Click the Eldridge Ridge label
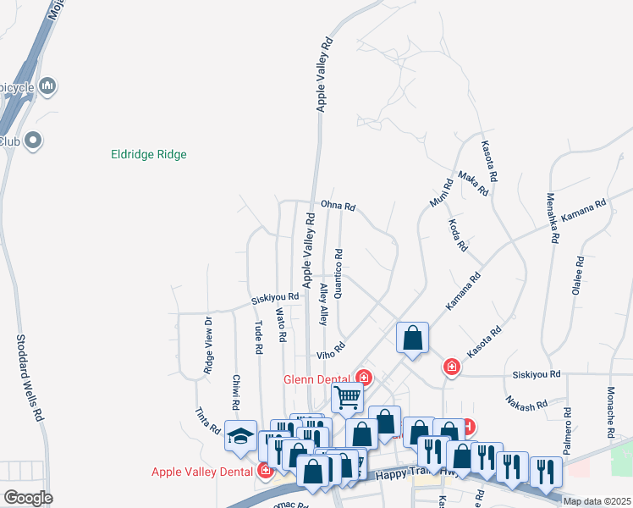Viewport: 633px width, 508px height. [x=149, y=155]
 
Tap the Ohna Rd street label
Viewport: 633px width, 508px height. [x=338, y=206]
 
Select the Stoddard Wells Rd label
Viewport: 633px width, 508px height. [x=28, y=378]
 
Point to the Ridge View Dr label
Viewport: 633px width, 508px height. [x=207, y=345]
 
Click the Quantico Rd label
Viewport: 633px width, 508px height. [x=339, y=273]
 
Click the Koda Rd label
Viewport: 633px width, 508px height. [x=458, y=235]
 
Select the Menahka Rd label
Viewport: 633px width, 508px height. [x=552, y=218]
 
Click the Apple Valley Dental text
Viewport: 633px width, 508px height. [x=202, y=472]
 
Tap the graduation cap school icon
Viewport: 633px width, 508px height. [x=240, y=436]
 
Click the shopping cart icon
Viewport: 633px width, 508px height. [x=348, y=395]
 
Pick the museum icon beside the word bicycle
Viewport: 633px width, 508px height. [x=47, y=86]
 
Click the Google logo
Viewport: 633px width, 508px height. [x=28, y=498]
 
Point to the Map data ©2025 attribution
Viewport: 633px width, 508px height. [x=597, y=501]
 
